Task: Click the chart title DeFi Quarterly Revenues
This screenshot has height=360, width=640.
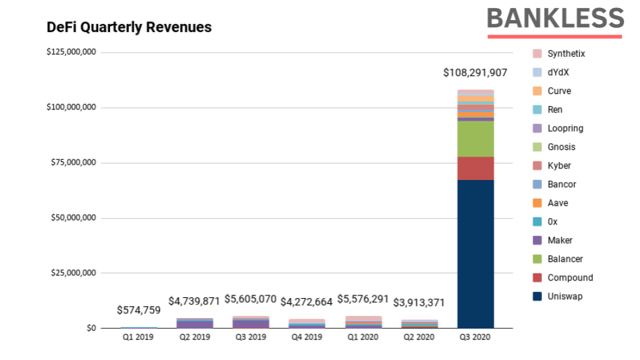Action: point(129,27)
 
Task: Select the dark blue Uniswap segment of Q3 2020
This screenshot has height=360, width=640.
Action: point(475,253)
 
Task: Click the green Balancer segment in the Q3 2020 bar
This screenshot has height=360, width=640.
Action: point(475,139)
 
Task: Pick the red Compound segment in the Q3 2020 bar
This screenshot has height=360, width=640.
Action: point(475,169)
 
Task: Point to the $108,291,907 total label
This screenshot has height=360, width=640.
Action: point(475,72)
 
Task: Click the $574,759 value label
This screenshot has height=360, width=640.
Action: point(139,310)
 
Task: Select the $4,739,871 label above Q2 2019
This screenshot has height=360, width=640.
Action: point(194,301)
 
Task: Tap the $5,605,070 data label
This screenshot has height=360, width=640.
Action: point(250,299)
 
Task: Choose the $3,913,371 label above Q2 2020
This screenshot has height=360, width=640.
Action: point(419,302)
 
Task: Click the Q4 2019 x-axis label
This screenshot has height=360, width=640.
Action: point(307,337)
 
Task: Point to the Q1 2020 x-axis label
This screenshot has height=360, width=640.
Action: point(363,337)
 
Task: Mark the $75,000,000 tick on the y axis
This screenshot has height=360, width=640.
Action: point(72,163)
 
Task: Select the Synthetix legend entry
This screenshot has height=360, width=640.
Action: point(566,53)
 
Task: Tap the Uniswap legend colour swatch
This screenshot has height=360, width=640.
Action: point(537,296)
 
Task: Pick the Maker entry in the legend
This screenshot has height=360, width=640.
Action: point(560,240)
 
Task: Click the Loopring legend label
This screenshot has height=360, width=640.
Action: point(565,128)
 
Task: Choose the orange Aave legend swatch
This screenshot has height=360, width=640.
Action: point(537,203)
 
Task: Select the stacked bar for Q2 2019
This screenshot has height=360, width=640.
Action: point(194,323)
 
